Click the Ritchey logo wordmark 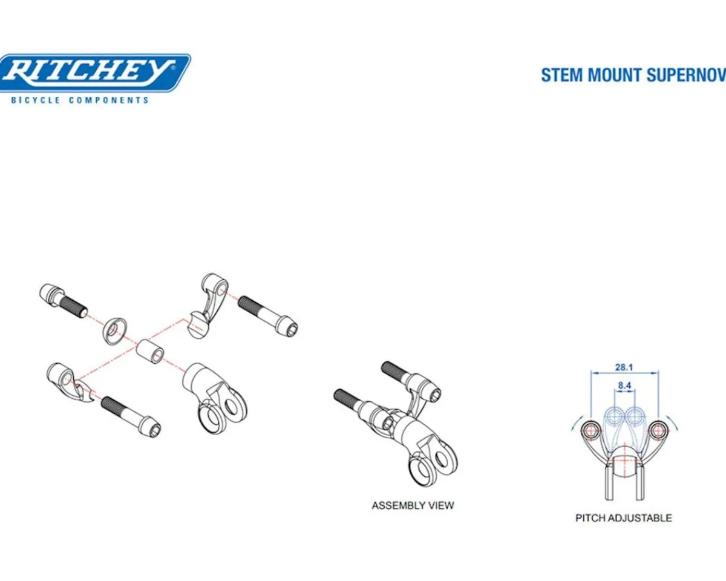pos(90,73)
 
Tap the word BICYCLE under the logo pos(36,100)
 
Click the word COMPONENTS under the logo pos(109,100)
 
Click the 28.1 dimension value pos(624,367)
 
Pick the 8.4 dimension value pos(624,385)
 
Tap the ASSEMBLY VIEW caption pos(413,505)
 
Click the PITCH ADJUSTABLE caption pos(623,518)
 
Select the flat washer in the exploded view pos(115,331)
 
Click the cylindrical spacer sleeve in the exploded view pos(150,352)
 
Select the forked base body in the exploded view pos(215,398)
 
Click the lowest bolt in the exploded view pos(131,417)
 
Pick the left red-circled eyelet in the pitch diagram pos(590,430)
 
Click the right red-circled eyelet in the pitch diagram pos(656,430)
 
